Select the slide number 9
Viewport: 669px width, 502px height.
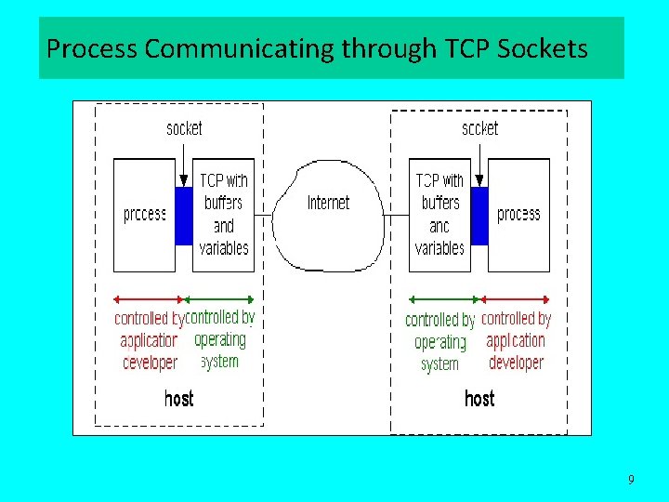pos(632,480)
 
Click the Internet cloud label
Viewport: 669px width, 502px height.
pos(329,203)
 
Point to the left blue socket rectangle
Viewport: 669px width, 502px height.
pos(184,216)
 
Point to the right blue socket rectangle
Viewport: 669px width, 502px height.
pos(479,216)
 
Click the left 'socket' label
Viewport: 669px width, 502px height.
pos(184,128)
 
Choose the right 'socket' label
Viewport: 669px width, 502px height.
pos(479,128)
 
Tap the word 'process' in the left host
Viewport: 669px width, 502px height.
pos(145,215)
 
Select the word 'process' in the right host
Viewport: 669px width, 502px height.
pos(518,215)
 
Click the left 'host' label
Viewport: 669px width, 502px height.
pos(179,399)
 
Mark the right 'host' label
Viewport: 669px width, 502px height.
pos(479,399)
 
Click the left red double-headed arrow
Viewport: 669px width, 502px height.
pos(149,299)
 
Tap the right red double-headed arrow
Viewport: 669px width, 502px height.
pos(515,299)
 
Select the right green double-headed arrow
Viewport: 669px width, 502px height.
pos(444,299)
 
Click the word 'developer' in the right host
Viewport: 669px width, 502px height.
pos(516,363)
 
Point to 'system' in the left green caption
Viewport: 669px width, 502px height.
pos(220,361)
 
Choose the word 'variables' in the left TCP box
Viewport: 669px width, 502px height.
pos(224,248)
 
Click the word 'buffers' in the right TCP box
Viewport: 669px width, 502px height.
pos(440,203)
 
